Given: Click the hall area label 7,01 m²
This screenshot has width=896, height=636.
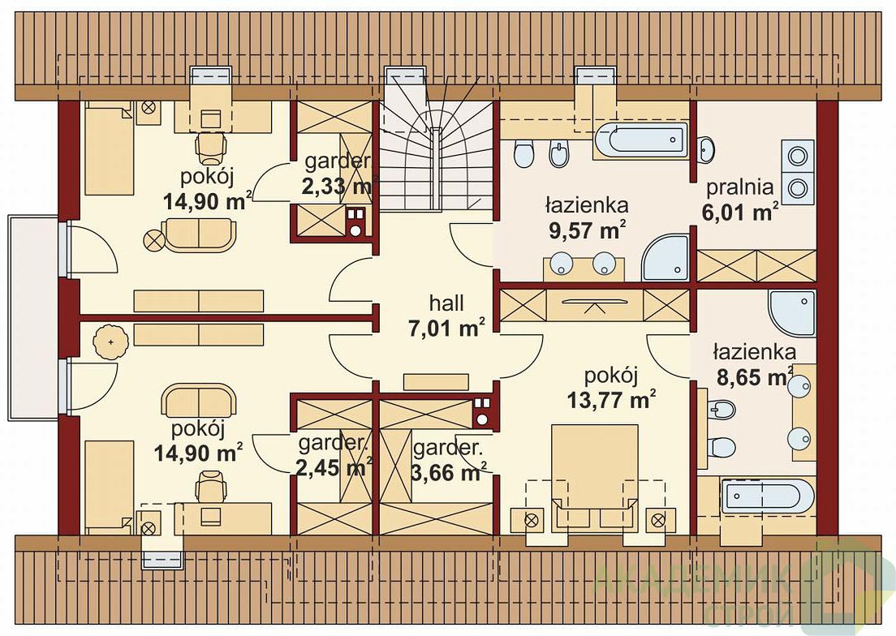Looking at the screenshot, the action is pos(447,329).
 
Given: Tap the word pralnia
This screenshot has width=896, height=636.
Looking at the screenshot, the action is pos(740,187).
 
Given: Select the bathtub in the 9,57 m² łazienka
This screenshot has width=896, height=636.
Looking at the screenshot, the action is pos(640,140).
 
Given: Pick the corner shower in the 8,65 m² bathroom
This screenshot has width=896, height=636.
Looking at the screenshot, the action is pos(792,313).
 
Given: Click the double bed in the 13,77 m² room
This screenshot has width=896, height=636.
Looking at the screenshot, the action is pos(594,477).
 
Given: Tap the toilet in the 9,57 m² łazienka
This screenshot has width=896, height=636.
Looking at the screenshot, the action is pos(523,154).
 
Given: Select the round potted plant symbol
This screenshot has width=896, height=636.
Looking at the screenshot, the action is pos(110,342).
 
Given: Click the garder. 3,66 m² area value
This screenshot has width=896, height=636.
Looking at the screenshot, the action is pos(449,473).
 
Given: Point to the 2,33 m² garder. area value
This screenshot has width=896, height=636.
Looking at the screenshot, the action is pos(337,187).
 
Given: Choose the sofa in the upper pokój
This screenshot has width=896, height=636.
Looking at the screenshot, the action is pos(199,234).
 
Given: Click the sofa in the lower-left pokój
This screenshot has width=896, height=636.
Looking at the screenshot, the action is pos(198,400).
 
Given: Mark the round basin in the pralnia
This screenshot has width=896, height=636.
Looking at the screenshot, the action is pos(707,148).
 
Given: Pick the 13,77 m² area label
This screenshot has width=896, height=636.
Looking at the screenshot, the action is pos(611,399).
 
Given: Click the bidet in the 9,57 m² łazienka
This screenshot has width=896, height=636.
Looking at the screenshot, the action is pos(558,154).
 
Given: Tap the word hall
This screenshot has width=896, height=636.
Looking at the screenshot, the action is pos(446,303).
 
